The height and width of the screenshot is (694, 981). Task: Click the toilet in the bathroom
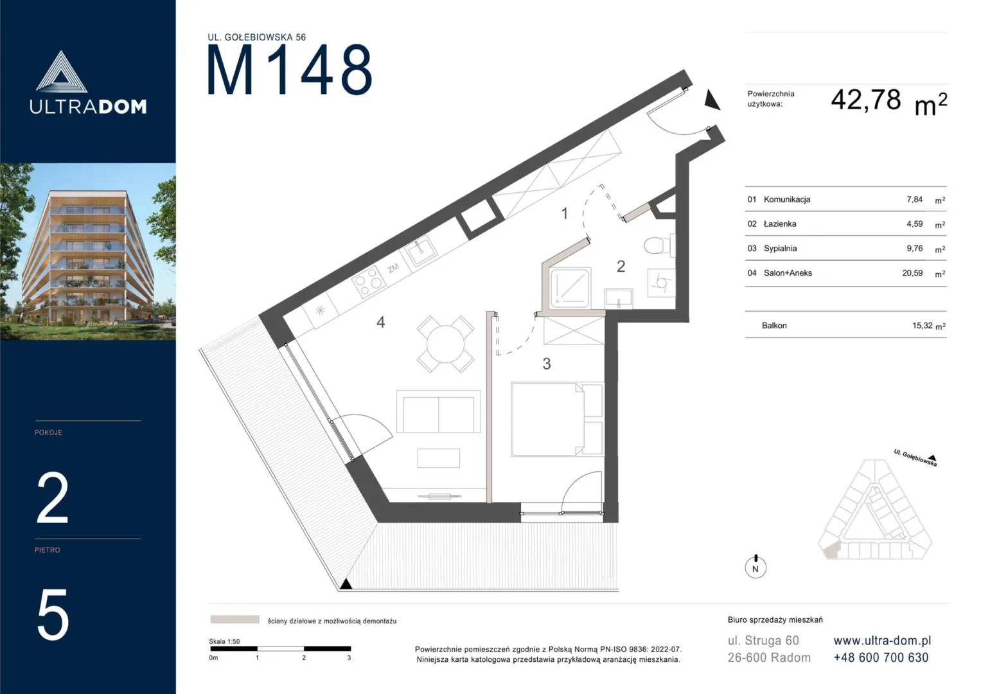[x=660, y=245]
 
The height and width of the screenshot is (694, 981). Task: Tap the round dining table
[x=445, y=344]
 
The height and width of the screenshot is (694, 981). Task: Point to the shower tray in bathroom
[x=570, y=288]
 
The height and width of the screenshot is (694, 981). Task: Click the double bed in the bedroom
[x=556, y=419]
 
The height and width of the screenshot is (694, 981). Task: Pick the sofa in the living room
[x=438, y=412]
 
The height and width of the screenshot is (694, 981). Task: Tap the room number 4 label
[x=380, y=323]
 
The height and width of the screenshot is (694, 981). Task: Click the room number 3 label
[x=547, y=364]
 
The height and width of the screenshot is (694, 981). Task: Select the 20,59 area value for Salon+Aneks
[x=912, y=273]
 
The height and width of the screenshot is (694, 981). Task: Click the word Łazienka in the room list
[x=780, y=224]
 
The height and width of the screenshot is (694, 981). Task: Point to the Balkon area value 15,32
[x=923, y=326]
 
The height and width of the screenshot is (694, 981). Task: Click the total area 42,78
[x=866, y=100]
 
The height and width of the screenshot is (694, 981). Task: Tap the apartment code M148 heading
[x=290, y=70]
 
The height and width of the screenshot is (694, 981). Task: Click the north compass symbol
[x=756, y=567]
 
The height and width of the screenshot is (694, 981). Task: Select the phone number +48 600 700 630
[x=881, y=657]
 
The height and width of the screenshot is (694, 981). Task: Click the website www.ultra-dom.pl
[x=882, y=641]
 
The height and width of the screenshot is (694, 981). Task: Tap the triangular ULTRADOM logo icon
[x=61, y=72]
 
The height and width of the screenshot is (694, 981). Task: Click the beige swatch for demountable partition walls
[x=234, y=619]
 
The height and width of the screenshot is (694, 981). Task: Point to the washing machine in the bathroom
[x=661, y=283]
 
